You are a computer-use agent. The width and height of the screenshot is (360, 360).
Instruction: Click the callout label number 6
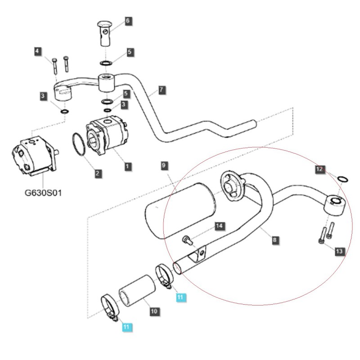point(127,21)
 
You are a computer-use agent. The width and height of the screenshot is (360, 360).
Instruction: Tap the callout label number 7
point(162,90)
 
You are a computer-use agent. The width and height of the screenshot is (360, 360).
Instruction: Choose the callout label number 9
point(164,166)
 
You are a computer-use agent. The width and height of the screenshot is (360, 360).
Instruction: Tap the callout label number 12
point(319,169)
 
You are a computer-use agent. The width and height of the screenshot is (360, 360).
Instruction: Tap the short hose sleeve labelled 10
point(137,293)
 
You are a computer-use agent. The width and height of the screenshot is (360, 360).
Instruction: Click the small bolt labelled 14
point(188,240)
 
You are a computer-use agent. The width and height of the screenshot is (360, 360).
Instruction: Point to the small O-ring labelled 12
point(342,179)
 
